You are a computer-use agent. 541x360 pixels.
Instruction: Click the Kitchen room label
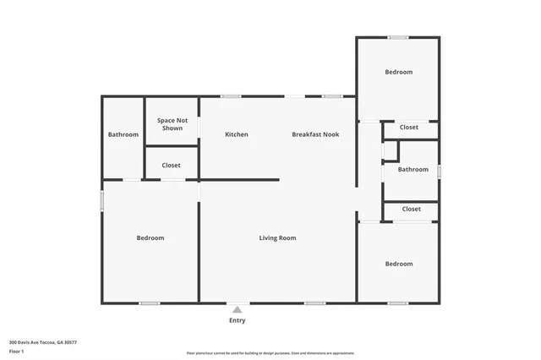point(236,134)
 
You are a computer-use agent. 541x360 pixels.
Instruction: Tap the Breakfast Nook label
point(315,134)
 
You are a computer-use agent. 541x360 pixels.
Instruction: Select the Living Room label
point(277,238)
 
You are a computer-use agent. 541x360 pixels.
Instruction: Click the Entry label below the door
point(238,320)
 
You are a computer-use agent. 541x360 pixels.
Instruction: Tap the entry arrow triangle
point(238,310)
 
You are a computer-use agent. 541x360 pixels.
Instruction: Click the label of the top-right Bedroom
point(398,73)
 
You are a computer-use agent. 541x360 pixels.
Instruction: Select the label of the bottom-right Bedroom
point(398,264)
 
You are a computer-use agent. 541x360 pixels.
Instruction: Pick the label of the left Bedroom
point(150,238)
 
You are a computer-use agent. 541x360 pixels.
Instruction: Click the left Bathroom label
point(123,134)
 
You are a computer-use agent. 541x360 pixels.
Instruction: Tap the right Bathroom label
point(413,169)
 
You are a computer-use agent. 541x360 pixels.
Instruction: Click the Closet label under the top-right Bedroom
point(409,128)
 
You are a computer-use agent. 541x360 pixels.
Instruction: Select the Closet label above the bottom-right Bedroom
point(411,209)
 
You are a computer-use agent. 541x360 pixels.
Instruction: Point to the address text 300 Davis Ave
point(42,342)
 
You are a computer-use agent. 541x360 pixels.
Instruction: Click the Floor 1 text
point(16,351)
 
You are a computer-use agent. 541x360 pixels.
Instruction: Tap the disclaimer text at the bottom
point(270,353)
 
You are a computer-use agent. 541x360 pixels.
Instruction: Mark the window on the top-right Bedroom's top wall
point(397,37)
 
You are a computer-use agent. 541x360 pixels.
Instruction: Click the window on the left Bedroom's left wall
point(102,201)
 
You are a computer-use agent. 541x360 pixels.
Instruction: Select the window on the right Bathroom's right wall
point(439,171)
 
